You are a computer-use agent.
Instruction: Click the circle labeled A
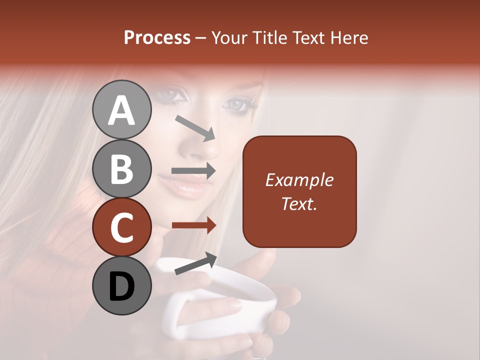pyautogui.click(x=121, y=110)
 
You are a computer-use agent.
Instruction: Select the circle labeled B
pyautogui.click(x=121, y=169)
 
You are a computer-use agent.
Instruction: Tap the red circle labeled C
pyautogui.click(x=121, y=228)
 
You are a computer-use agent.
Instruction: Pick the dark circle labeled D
pyautogui.click(x=121, y=286)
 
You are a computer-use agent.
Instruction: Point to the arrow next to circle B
pyautogui.click(x=194, y=170)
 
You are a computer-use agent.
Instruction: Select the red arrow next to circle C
pyautogui.click(x=194, y=225)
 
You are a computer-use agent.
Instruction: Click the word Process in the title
pyautogui.click(x=157, y=37)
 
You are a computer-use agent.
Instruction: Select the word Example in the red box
pyautogui.click(x=299, y=180)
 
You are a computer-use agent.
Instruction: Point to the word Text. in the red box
pyautogui.click(x=299, y=203)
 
